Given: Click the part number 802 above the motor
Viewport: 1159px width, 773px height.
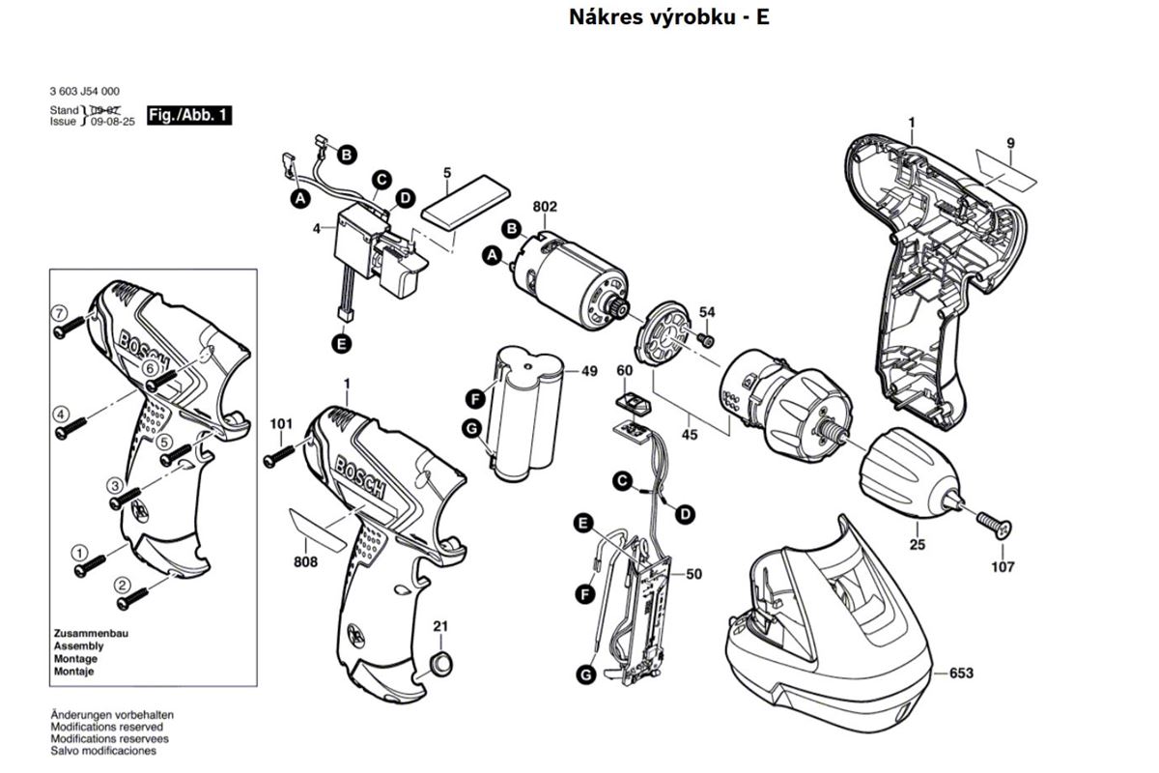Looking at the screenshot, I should click(546, 206).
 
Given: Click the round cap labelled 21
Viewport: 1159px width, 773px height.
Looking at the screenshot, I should click(440, 663).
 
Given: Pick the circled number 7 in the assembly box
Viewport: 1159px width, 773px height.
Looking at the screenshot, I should click(59, 313).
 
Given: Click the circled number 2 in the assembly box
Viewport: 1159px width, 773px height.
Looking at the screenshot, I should click(123, 584).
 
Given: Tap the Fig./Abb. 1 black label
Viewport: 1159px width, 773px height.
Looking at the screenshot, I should click(188, 116).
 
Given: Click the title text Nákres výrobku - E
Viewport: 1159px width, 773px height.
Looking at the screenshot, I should click(669, 17).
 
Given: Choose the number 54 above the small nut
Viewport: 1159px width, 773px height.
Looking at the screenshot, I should click(707, 312).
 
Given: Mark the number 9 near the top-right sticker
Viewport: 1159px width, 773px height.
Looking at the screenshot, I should click(1010, 144).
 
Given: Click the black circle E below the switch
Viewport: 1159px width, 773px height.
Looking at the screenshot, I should click(340, 342).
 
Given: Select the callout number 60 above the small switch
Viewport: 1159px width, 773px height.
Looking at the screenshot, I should click(624, 371).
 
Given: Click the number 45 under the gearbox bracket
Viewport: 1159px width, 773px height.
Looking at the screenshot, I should click(690, 434).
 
